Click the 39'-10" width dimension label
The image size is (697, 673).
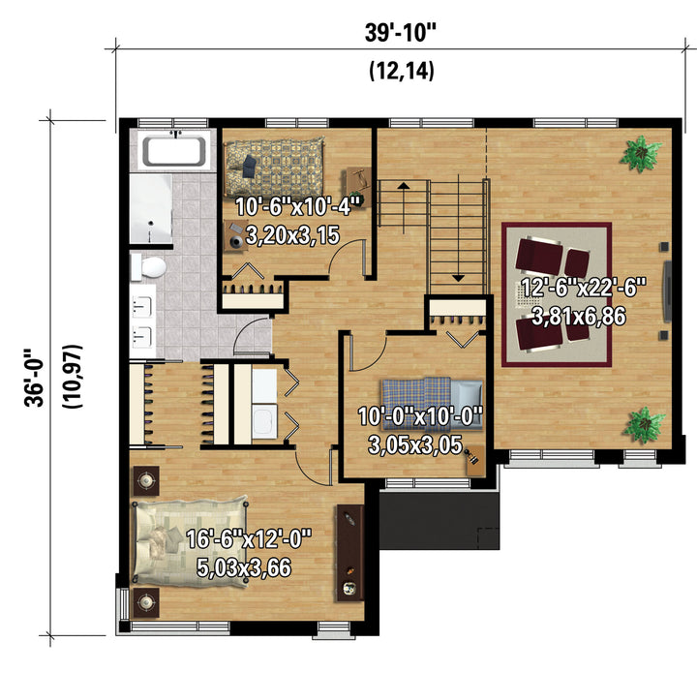click(401, 33)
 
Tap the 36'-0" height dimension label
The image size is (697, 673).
click(34, 378)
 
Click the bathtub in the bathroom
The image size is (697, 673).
click(174, 151)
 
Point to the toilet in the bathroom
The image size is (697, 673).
click(149, 266)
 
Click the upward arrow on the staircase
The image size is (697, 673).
click(404, 206)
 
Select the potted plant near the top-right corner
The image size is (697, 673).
click(642, 153)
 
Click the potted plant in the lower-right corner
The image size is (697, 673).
click(644, 424)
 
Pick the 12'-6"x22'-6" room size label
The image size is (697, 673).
click(583, 287)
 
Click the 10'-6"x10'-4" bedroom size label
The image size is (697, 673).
click(297, 206)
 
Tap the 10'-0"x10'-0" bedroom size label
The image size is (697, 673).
click(419, 416)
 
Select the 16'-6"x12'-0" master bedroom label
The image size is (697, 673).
click(249, 539)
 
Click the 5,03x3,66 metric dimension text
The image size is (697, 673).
click(244, 567)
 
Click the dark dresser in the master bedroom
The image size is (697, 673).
click(349, 553)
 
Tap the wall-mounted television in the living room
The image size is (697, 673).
click(667, 291)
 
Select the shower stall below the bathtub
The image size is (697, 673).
click(151, 208)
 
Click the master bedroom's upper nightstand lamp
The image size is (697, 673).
click(146, 480)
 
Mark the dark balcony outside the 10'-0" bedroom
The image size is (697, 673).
click(439, 520)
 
